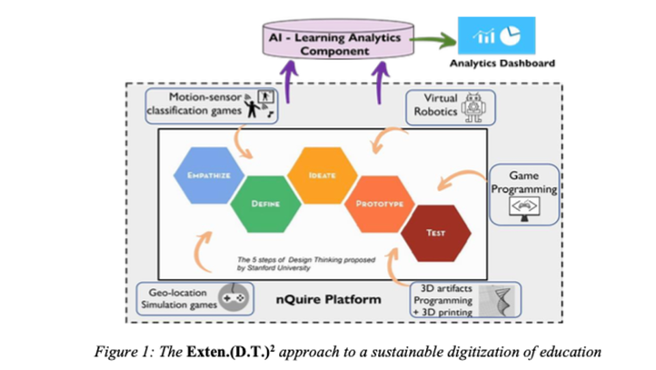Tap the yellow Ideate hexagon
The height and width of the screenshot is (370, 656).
click(317, 174)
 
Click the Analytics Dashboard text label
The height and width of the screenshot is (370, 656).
click(502, 65)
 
